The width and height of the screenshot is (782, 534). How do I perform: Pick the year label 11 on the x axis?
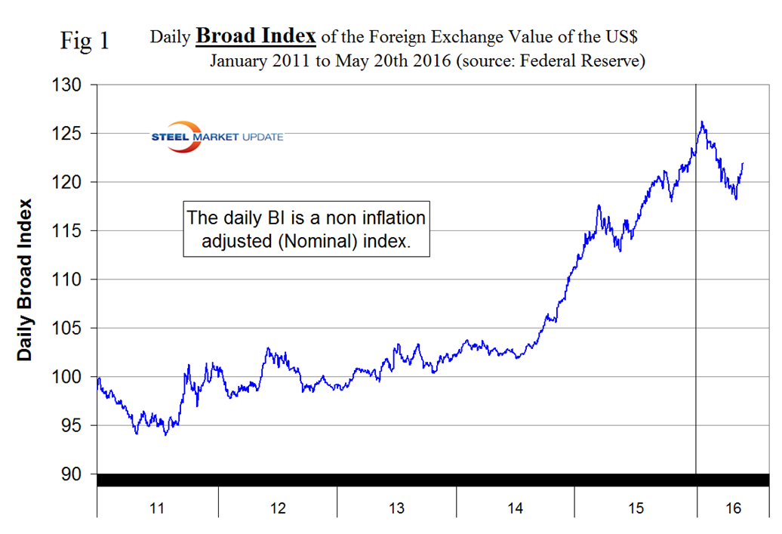[x=157, y=508]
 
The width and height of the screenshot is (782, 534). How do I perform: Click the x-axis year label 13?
[x=396, y=508]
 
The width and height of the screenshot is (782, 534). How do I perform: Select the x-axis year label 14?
[x=516, y=508]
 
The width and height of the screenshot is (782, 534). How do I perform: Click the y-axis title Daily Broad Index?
[x=26, y=279]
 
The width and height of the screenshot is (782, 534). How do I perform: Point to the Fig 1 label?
[x=85, y=41]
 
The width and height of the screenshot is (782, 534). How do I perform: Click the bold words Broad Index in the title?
[x=256, y=35]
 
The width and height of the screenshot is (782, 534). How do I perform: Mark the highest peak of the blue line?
[x=702, y=122]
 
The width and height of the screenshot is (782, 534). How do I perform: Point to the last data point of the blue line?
[x=743, y=163]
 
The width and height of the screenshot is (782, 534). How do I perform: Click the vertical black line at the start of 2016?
[x=695, y=302]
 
